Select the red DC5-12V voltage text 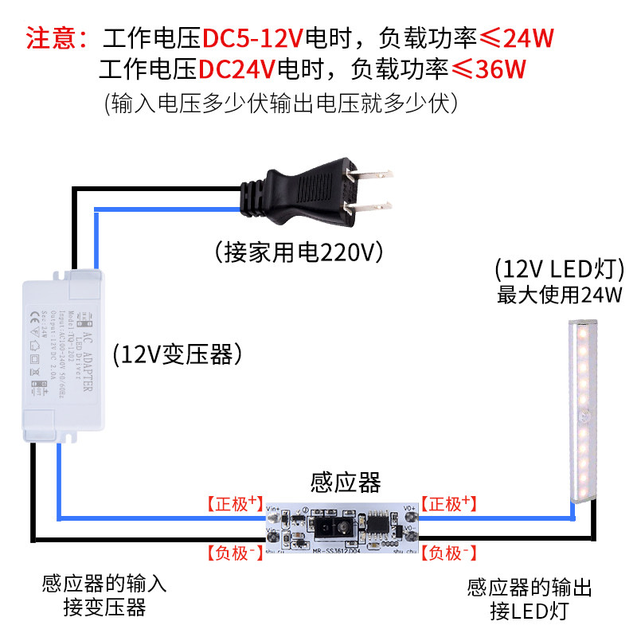(x=253, y=37)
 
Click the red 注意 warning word (x=51, y=37)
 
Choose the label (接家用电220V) (x=299, y=252)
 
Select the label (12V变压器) (x=177, y=354)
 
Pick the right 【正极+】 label (x=448, y=503)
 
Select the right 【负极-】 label (x=448, y=552)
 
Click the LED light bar (x=587, y=414)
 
